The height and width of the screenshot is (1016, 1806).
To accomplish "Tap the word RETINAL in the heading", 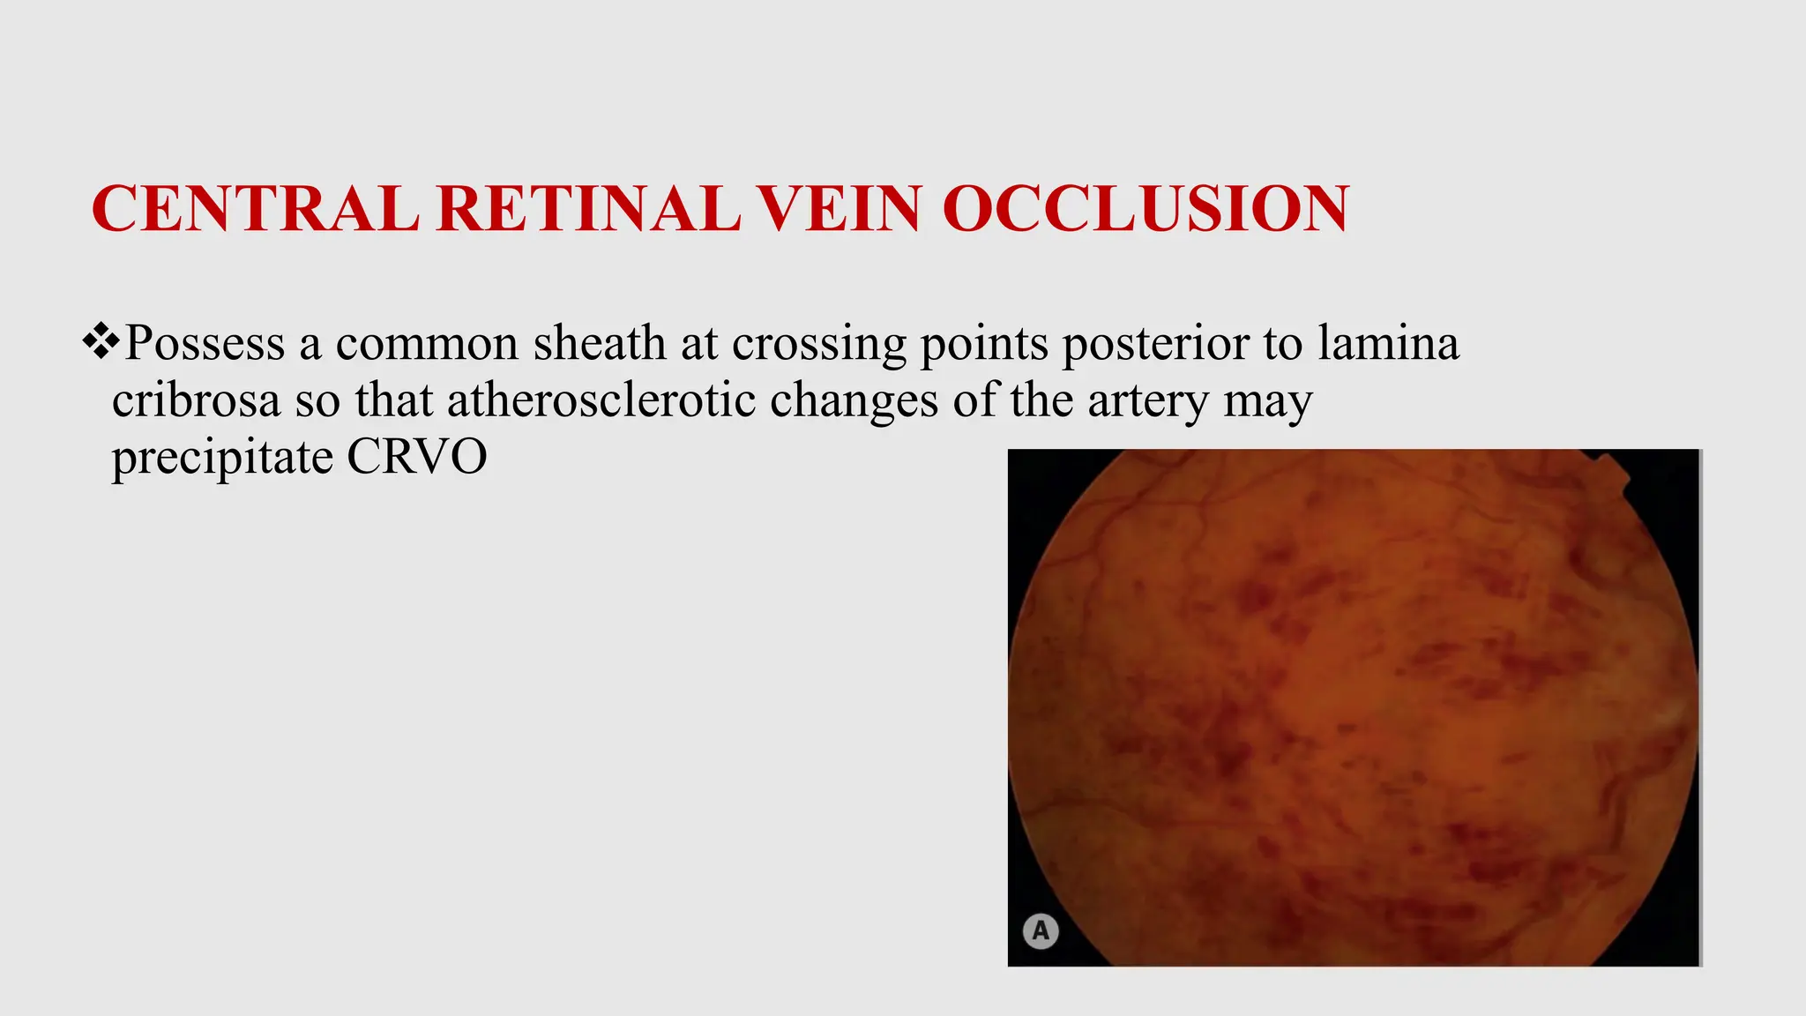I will (x=587, y=209).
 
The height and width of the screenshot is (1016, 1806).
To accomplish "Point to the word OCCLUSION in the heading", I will (x=1146, y=209).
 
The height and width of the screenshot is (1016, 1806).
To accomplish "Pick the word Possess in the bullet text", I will (x=205, y=343).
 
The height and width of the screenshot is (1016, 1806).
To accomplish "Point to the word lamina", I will (x=1388, y=343).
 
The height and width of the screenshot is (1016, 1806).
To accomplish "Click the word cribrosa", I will (x=196, y=400).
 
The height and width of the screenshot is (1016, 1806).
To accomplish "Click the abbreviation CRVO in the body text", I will (x=416, y=457).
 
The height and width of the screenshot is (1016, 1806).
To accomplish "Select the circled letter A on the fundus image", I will (x=1041, y=931).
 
